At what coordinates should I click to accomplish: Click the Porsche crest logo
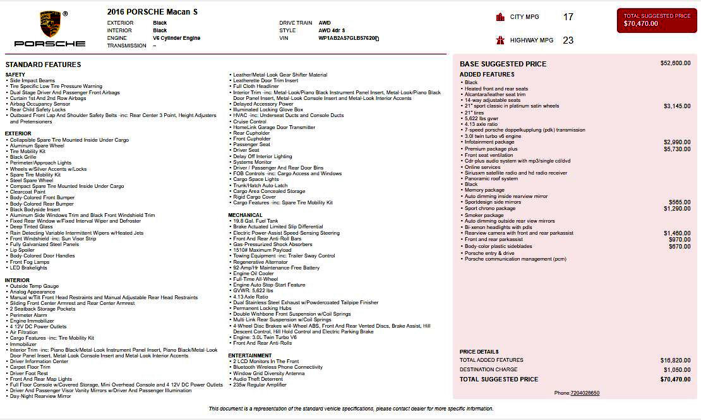pos(49,24)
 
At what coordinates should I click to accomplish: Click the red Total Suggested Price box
pos(656,20)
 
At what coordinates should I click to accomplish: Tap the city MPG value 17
pos(568,17)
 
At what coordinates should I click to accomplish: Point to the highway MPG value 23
pos(568,40)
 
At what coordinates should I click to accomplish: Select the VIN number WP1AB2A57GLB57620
pos(347,38)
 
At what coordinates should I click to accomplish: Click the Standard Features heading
pos(43,65)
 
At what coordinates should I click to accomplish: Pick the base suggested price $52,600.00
pos(675,63)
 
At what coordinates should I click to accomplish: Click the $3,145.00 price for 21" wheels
pos(677,106)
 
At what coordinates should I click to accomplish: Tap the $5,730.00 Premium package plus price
pos(677,149)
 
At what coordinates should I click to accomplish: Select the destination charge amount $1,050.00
pos(676,369)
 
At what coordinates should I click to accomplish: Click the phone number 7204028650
pos(585,393)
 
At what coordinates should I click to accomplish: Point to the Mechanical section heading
pos(245,215)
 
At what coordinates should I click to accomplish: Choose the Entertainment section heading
pos(250,355)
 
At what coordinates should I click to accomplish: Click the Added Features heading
pos(487,75)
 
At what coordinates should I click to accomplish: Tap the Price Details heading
pos(479,352)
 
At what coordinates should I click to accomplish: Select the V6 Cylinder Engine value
pos(176,38)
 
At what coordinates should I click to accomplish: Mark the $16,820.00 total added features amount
pos(675,360)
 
